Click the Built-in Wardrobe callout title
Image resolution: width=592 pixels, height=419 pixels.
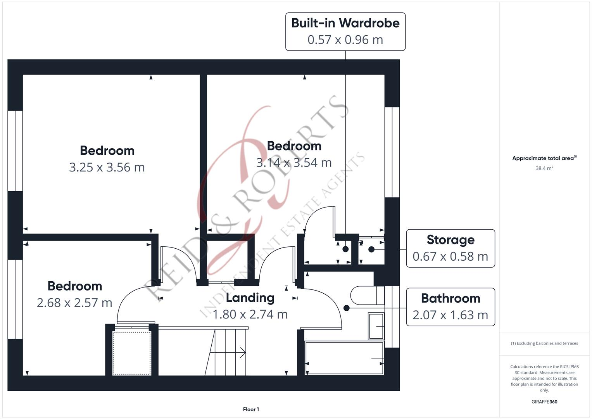point(345,23)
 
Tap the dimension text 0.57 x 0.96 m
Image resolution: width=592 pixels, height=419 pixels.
point(345,40)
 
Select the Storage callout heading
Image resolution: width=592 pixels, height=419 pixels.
point(450,240)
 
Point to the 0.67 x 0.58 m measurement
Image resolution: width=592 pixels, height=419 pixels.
point(450,256)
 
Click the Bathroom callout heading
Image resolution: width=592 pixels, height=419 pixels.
point(450,298)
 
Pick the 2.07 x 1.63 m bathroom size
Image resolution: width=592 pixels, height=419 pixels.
point(450,315)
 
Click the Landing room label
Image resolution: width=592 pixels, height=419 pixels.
point(250,298)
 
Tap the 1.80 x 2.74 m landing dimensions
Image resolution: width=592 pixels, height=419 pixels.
point(250,314)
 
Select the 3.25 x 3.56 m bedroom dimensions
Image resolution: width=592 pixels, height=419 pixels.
point(107,167)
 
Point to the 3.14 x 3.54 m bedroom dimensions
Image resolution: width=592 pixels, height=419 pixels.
point(294,163)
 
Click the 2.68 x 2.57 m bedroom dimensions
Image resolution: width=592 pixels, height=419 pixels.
point(74,303)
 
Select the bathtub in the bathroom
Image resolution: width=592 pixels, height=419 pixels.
point(344,358)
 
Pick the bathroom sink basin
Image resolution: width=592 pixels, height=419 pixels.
point(376,326)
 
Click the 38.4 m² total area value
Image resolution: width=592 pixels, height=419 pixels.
point(544,168)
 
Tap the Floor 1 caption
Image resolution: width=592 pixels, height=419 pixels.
point(251,409)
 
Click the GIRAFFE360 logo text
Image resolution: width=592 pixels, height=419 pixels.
point(544,402)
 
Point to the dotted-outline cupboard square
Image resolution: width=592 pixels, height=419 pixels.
point(132,353)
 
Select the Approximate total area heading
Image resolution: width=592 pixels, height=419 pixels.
point(544,158)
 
